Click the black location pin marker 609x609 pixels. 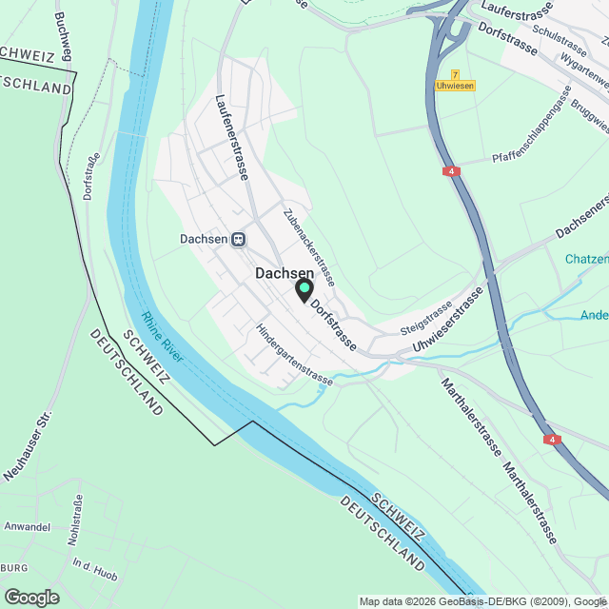pyautogui.click(x=304, y=289)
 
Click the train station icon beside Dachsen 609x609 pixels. pyautogui.click(x=237, y=239)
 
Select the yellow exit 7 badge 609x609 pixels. pyautogui.click(x=456, y=74)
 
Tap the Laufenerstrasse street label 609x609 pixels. pyautogui.click(x=232, y=137)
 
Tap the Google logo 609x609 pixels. pyautogui.click(x=30, y=598)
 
